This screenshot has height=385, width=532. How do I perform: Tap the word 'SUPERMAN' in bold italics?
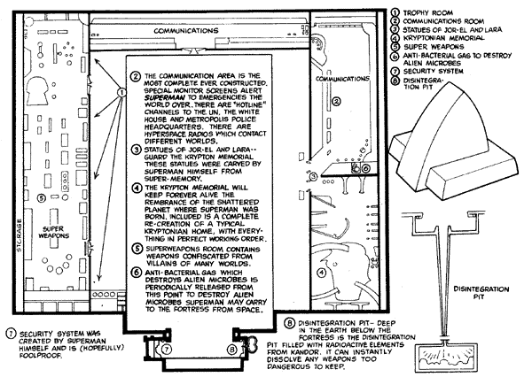[x=161, y=96]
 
